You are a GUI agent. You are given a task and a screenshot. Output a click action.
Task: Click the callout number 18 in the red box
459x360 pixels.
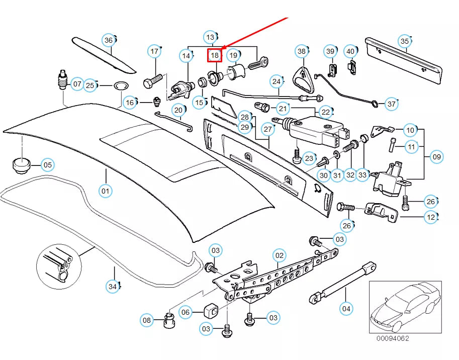215,55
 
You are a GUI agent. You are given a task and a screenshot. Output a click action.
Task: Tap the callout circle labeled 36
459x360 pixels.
109,40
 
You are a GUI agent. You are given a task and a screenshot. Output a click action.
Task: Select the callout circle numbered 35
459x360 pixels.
405,41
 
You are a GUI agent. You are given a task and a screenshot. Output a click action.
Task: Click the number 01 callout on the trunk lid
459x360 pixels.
106,191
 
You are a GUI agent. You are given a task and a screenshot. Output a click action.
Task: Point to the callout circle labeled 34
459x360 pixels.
113,287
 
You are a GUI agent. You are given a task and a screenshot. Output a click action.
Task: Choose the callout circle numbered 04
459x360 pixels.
346,308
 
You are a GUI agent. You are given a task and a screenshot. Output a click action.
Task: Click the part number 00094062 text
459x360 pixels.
392,338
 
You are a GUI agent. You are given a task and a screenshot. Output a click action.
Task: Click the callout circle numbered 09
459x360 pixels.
436,157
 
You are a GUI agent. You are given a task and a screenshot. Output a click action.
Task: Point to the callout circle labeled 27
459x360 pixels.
268,129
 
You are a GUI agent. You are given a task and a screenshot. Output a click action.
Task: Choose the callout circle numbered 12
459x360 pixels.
430,217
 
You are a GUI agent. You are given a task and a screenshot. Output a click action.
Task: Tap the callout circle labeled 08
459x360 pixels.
146,320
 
